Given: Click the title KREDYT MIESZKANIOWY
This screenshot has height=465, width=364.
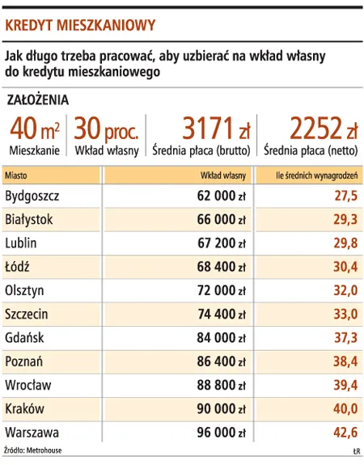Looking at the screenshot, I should point(80,25).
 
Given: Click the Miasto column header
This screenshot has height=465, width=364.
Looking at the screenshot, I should point(15,175).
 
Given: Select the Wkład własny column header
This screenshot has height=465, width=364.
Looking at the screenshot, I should point(223,175).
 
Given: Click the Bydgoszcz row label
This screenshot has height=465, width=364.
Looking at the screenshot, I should point(32,196).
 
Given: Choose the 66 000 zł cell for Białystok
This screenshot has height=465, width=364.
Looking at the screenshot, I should point(222,219).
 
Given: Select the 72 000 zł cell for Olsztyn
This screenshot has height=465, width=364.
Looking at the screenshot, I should point(222,290).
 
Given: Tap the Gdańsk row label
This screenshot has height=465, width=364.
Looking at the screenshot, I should point(24,336).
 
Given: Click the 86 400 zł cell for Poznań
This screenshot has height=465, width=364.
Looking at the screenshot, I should point(222,361).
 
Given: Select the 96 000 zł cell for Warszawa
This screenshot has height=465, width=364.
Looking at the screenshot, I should point(222,431).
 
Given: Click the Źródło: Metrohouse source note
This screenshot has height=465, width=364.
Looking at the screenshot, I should point(32,450).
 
